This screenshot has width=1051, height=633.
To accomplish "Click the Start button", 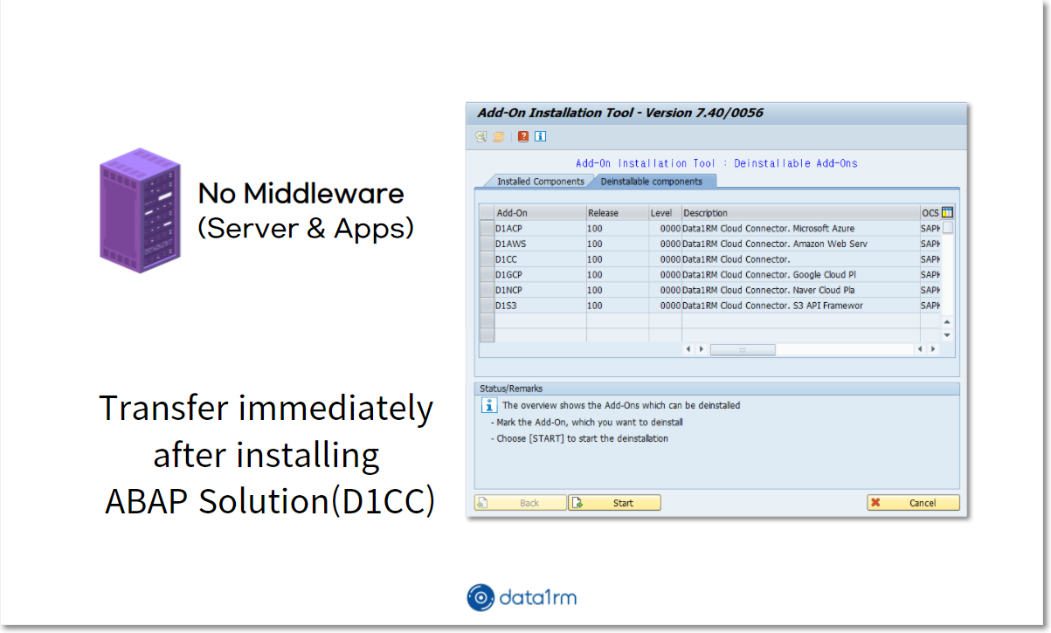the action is tap(614, 503).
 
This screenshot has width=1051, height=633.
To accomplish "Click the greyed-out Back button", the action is tap(521, 503).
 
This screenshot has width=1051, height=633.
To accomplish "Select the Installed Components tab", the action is tap(540, 182).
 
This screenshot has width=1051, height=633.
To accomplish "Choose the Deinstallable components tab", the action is tap(652, 182).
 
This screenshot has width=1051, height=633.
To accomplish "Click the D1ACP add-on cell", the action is tap(540, 229).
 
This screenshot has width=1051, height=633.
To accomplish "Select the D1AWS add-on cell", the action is tap(540, 244).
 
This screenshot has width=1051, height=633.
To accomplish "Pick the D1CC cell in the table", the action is tap(540, 259).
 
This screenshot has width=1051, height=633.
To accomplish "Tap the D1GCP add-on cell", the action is tap(540, 275).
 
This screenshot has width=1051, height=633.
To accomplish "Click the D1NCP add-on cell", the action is tap(540, 290).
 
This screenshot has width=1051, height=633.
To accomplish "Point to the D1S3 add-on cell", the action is tap(540, 306).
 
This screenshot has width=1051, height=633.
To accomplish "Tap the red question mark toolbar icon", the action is tap(523, 136).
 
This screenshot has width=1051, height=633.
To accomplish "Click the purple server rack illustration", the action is tap(140, 210).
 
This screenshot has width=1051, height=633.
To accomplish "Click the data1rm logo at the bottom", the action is tap(522, 597).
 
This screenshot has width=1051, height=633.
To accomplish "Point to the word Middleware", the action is tap(323, 194).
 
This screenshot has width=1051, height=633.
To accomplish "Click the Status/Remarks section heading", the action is tap(511, 389).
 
